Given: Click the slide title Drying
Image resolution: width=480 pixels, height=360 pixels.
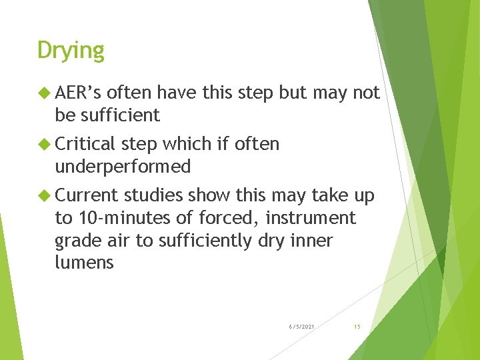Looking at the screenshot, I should (71, 51).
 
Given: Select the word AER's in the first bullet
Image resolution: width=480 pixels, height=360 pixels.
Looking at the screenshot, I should (78, 93).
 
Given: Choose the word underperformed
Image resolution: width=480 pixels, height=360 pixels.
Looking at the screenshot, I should (123, 167).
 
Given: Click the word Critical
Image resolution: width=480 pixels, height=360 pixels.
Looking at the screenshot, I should (86, 144).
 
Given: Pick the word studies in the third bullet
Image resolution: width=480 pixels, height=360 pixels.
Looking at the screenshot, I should (153, 195).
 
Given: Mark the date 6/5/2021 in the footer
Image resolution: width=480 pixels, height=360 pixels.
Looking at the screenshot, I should (302, 327).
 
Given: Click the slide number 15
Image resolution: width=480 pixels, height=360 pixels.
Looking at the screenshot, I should (357, 327).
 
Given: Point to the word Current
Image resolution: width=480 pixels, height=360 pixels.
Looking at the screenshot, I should (86, 195).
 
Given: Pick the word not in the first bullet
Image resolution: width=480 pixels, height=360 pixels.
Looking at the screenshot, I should (366, 93).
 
